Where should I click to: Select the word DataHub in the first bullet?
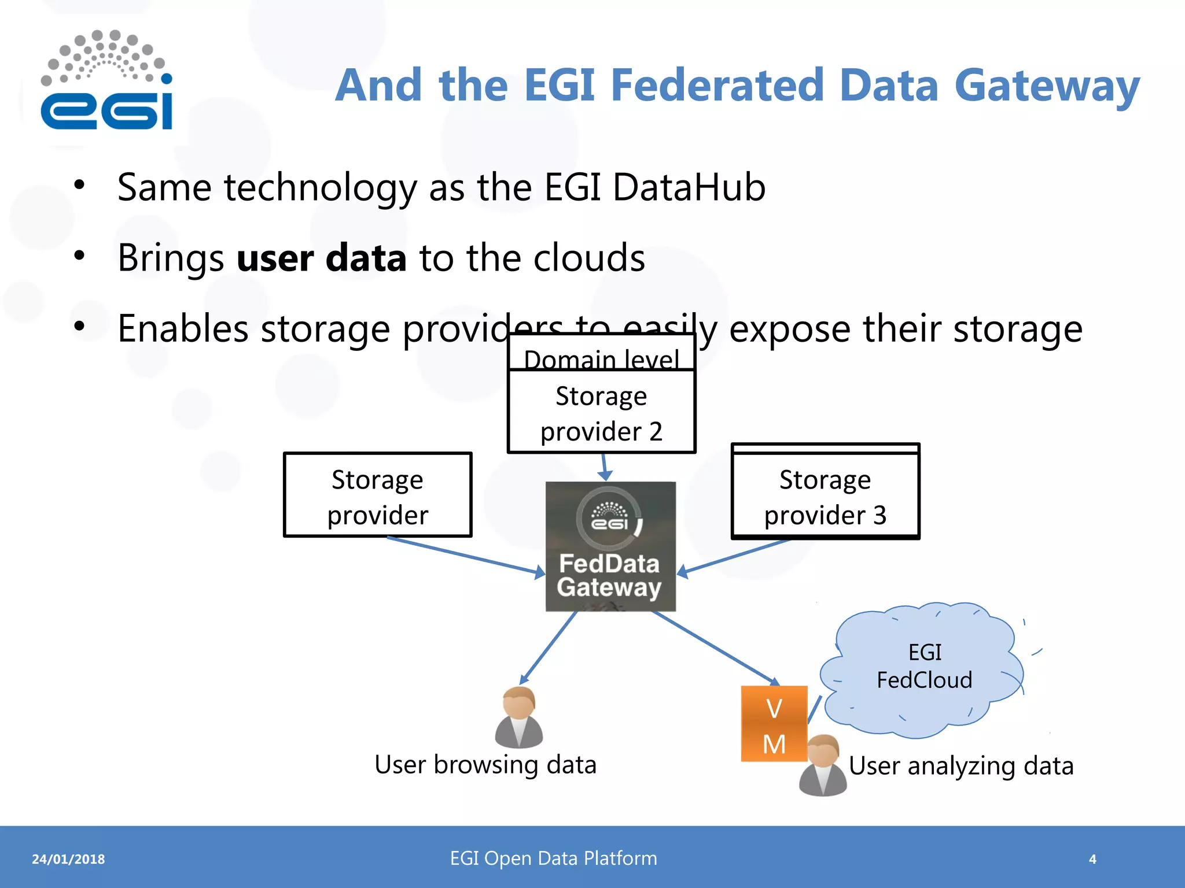689,188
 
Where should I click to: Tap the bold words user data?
322,258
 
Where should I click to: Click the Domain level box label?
601,359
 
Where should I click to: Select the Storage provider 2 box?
601,413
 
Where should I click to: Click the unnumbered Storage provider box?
378,496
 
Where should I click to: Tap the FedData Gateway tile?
610,547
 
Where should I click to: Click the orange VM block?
774,724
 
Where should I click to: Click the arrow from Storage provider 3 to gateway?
735,556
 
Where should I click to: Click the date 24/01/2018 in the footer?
68,860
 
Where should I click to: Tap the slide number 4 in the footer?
1092,860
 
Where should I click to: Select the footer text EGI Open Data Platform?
553,859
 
